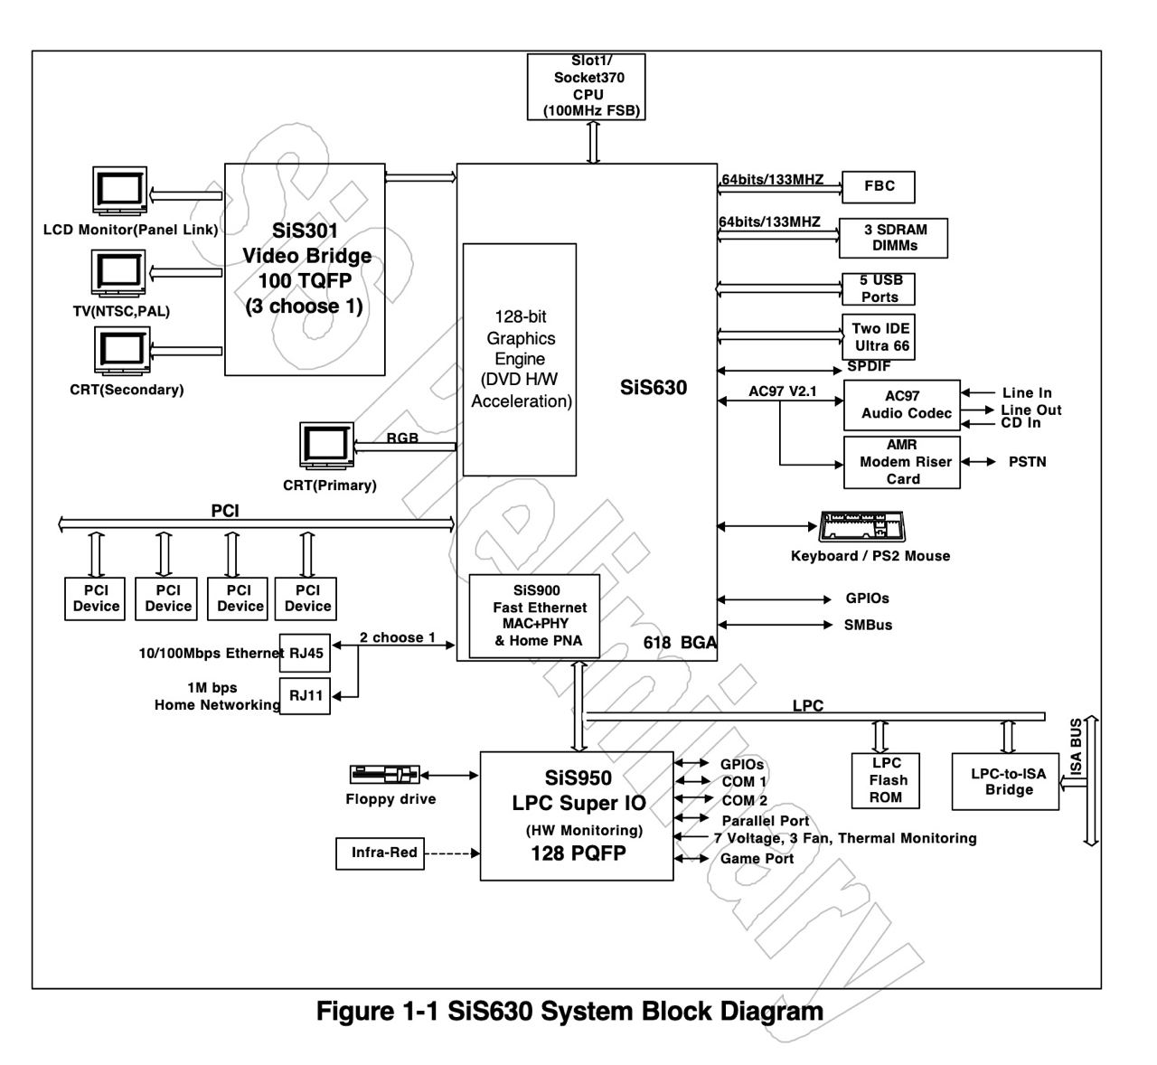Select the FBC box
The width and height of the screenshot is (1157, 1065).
tap(878, 186)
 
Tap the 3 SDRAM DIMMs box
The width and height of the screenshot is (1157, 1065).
tap(893, 238)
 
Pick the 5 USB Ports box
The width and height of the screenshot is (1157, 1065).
tap(879, 289)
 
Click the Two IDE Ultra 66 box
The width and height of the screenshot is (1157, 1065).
tap(880, 337)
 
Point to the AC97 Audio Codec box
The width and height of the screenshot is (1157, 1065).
tap(901, 404)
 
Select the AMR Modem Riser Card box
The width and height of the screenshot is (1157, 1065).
tap(901, 462)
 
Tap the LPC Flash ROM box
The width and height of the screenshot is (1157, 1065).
tap(886, 779)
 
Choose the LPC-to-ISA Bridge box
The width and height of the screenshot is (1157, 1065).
tap(1005, 782)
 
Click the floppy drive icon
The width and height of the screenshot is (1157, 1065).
tap(384, 775)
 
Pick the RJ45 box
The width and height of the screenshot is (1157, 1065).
tap(305, 653)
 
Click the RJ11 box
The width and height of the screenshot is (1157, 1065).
tap(305, 696)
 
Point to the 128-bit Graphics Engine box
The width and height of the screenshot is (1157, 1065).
tap(520, 359)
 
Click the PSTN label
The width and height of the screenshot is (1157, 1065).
tap(1027, 462)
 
